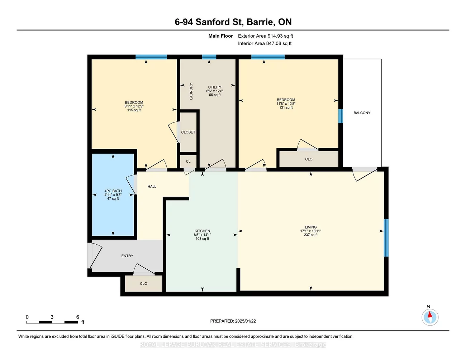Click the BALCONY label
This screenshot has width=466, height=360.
click(x=362, y=113)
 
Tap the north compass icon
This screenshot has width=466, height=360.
click(x=429, y=317)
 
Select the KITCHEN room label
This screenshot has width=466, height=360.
click(x=202, y=231)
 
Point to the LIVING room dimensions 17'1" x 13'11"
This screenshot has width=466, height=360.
click(x=310, y=231)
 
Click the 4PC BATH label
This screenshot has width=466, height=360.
click(x=113, y=191)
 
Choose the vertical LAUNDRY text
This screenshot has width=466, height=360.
click(x=191, y=91)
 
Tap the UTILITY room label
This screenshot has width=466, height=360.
click(x=215, y=87)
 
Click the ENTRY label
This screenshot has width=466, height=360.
click(x=127, y=256)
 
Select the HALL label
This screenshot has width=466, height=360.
click(x=152, y=186)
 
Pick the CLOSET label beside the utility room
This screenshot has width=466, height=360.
click(x=188, y=132)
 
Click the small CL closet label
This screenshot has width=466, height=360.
click(x=188, y=162)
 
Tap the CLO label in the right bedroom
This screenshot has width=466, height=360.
click(x=309, y=159)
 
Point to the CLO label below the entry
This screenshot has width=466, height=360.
click(x=143, y=283)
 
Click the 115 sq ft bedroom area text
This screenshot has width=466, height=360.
click(x=134, y=110)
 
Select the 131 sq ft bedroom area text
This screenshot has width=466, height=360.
click(x=286, y=107)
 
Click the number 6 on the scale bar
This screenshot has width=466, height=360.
click(x=77, y=317)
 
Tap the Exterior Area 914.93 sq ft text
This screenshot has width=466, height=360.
click(x=265, y=36)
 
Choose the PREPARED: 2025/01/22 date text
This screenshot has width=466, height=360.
click(x=233, y=321)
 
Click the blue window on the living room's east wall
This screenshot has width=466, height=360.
click(x=386, y=238)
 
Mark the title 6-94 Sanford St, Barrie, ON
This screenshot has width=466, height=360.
click(x=233, y=22)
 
